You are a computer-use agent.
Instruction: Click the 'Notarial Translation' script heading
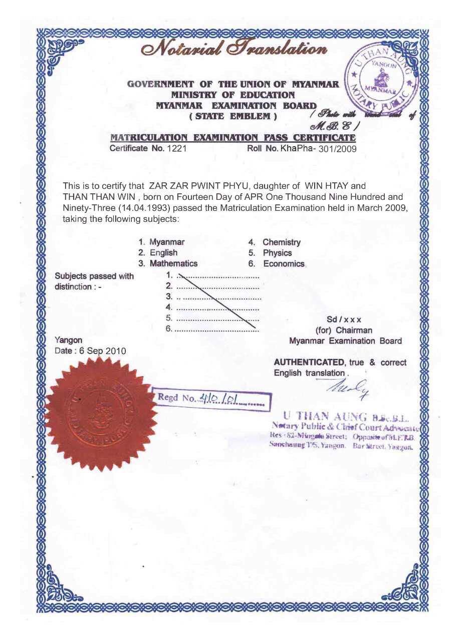click(233, 50)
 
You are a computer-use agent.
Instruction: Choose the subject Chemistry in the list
click(281, 242)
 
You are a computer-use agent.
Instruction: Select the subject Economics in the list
click(283, 264)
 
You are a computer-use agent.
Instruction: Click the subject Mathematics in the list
click(173, 263)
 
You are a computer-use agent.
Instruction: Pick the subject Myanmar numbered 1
click(167, 242)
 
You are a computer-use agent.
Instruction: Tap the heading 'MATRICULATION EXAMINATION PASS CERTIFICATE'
click(233, 138)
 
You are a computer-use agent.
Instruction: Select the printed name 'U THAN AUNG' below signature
click(326, 416)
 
